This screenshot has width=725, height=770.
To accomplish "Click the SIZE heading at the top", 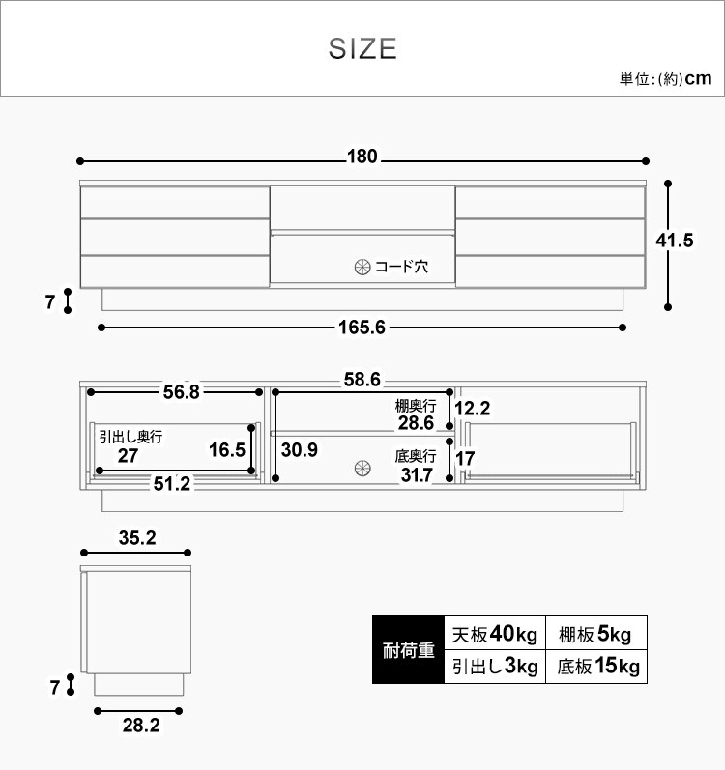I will coord(362,49).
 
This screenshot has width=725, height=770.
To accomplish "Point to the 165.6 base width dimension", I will coord(362,328).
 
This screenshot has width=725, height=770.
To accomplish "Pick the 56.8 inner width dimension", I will coord(182,391).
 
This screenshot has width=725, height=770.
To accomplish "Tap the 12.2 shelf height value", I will coord(474,408).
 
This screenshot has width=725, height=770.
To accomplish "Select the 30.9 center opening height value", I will coord(301,450).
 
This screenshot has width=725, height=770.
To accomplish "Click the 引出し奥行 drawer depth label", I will coord(130,437).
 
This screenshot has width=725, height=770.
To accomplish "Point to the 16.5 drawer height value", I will coord(227,450).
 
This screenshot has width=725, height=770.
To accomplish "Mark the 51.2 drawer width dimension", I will coord(171,484).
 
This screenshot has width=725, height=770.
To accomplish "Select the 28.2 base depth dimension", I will coord(141,726).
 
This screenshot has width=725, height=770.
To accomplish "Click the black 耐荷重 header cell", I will coord(408,650).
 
